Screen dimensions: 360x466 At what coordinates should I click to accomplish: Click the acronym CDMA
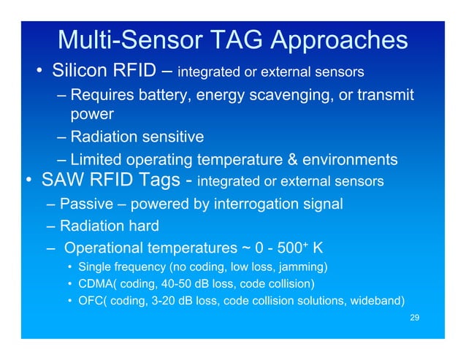94,283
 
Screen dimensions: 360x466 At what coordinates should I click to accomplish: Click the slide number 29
414,318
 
